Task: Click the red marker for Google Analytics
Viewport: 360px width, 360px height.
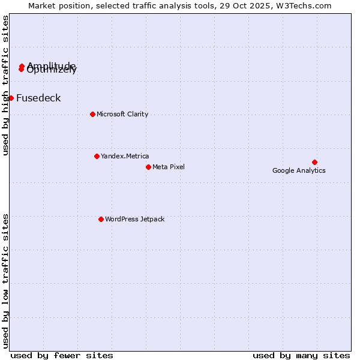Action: [314, 162]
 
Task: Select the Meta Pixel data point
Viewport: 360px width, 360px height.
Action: [148, 167]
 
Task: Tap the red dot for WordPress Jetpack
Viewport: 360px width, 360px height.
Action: [101, 219]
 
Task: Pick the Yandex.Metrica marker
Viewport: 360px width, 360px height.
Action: [97, 156]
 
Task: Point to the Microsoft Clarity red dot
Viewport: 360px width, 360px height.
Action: [92, 114]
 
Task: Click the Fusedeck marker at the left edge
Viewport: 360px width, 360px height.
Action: [11, 98]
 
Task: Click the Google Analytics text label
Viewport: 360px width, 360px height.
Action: [299, 170]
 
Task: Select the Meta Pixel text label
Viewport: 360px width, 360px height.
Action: [169, 167]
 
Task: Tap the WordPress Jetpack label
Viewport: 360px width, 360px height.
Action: [134, 219]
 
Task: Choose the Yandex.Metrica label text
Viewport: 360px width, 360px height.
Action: [125, 156]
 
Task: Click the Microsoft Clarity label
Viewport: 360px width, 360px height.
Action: [122, 114]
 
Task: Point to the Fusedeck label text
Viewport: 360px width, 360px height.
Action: [38, 98]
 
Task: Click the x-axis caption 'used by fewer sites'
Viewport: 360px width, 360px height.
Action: [62, 355]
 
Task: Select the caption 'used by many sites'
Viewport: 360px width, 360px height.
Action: [301, 355]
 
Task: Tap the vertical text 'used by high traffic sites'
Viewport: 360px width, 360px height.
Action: [5, 85]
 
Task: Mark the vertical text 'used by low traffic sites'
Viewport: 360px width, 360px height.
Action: [5, 281]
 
